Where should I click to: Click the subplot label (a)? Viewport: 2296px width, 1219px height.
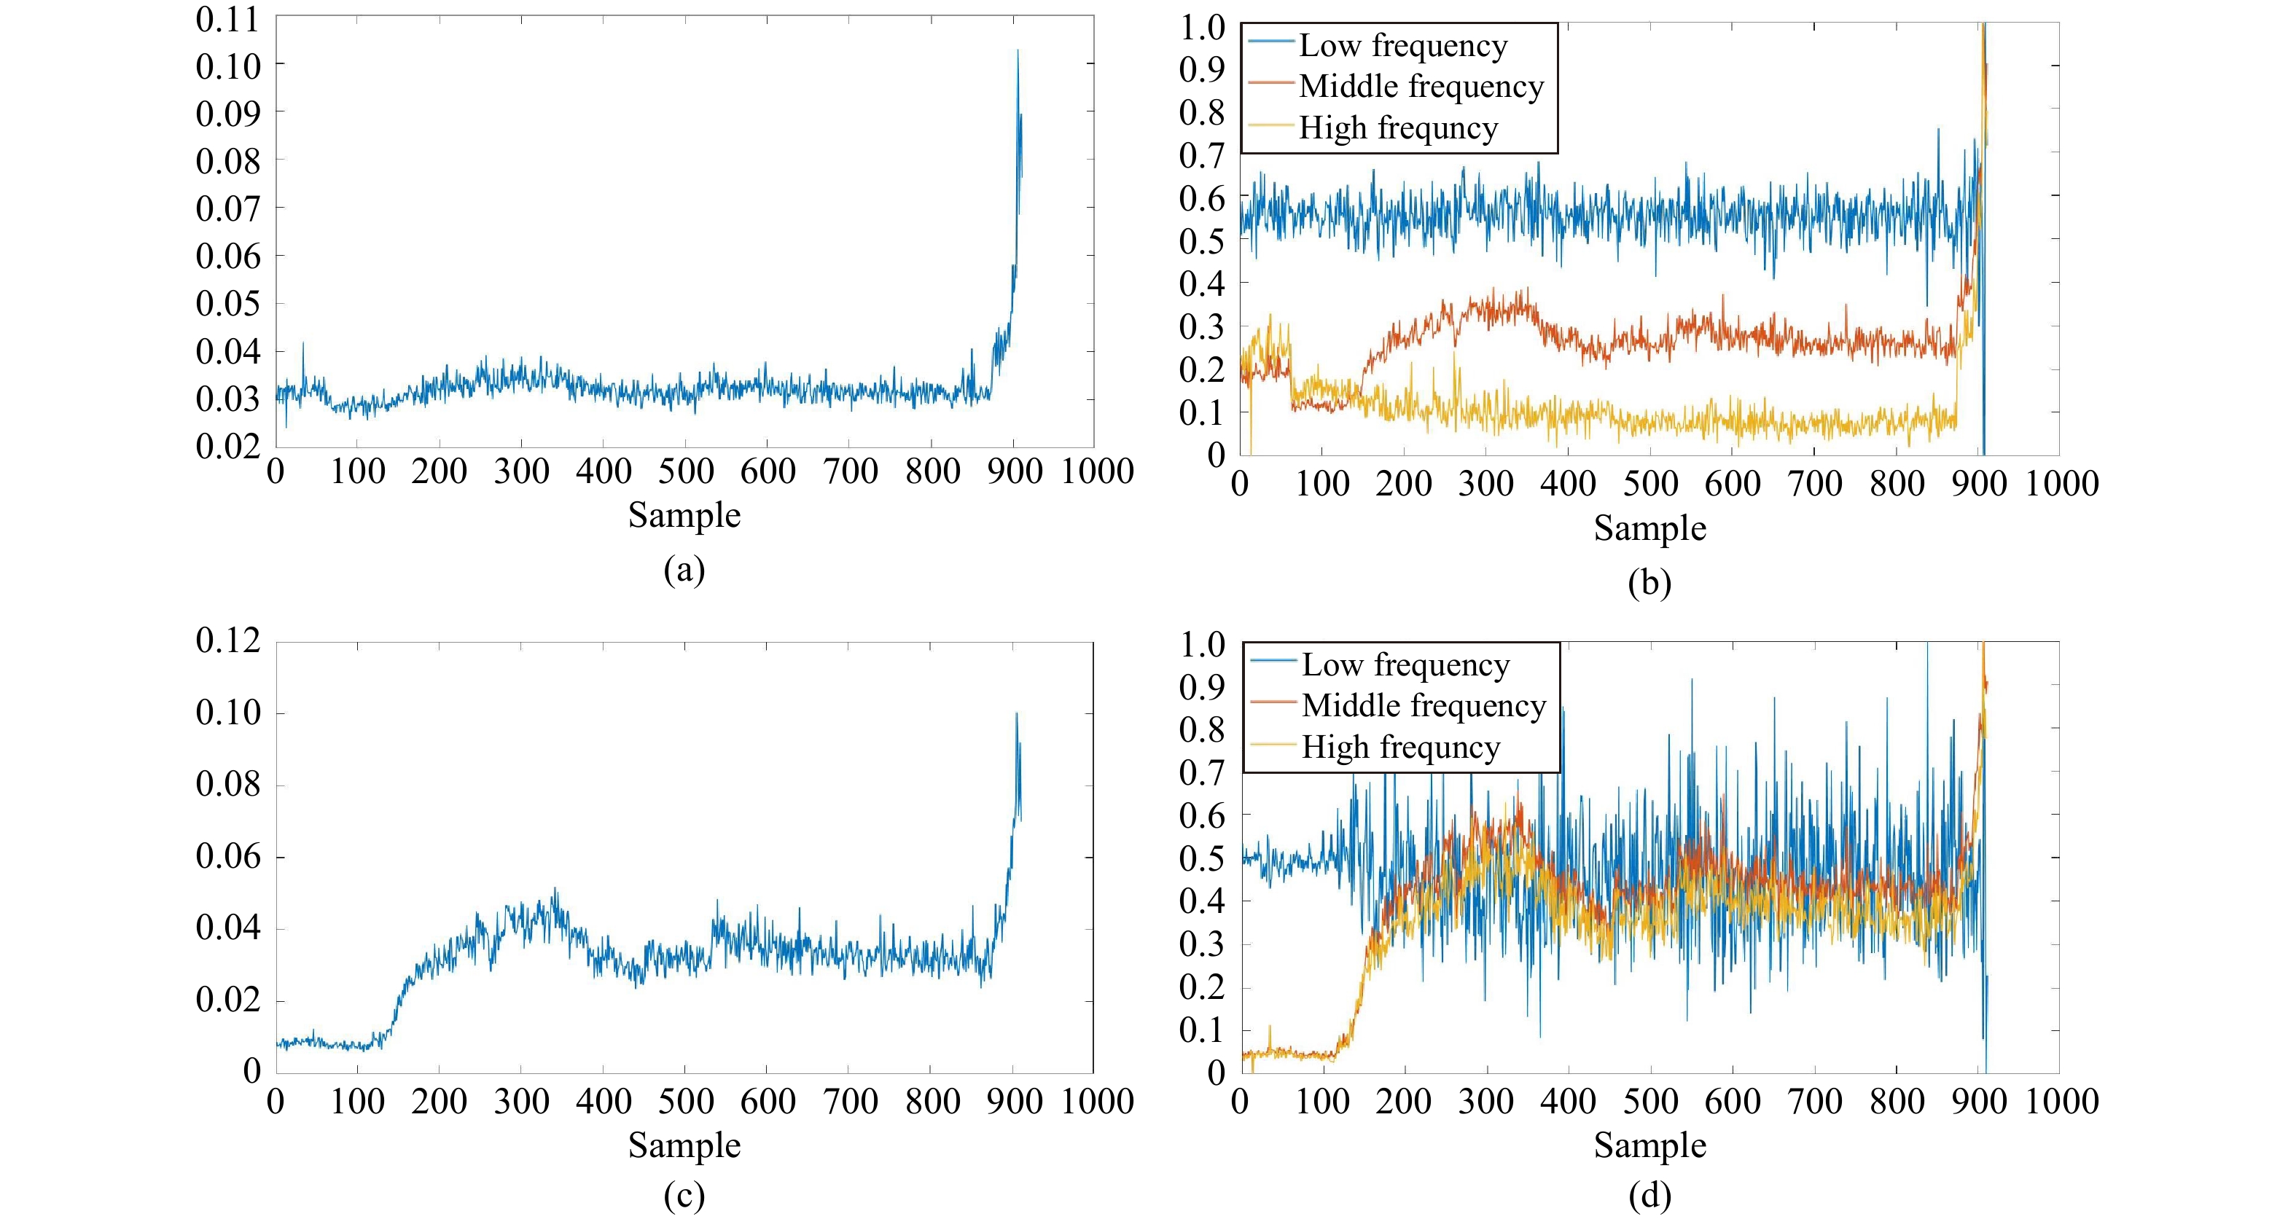pos(684,569)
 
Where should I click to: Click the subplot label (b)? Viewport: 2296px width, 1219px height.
pos(1649,583)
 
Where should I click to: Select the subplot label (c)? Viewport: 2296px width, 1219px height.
pos(684,1196)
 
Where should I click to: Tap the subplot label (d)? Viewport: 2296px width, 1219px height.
pos(1649,1196)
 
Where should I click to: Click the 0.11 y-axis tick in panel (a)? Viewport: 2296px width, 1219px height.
pos(227,19)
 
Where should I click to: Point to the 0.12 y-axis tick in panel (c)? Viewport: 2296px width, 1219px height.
pos(227,640)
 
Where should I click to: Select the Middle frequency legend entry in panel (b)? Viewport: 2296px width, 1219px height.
pos(1421,87)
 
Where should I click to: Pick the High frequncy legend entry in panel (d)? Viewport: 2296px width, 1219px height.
pos(1400,747)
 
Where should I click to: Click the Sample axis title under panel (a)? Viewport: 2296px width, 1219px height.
pos(684,515)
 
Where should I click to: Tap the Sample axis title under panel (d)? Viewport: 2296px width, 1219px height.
pos(1649,1145)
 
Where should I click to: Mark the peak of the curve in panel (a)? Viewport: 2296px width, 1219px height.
pos(1017,51)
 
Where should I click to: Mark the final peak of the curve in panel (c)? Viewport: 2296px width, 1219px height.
pos(1016,713)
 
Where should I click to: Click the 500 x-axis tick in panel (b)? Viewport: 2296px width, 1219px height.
pos(1649,483)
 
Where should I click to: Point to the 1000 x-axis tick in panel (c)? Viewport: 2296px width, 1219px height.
pos(1096,1102)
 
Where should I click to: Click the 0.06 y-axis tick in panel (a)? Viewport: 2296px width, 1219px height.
pos(227,256)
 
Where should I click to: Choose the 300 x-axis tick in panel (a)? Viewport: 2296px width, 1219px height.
pos(521,471)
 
